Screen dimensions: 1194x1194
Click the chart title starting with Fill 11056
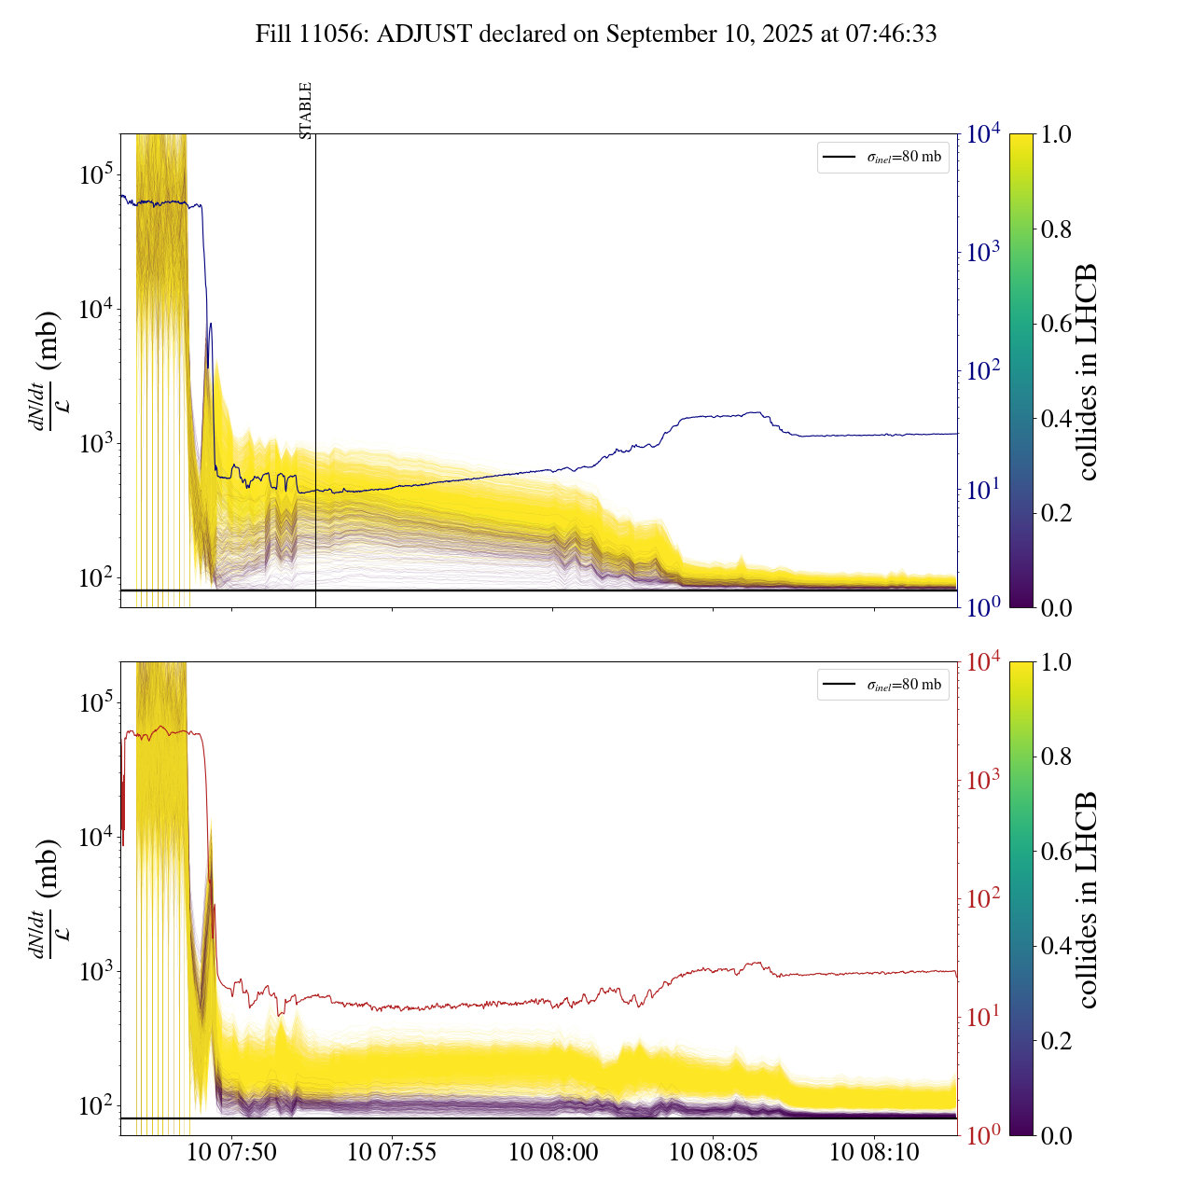596,35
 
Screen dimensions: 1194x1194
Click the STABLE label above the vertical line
306,110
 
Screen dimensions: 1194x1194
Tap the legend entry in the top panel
882,157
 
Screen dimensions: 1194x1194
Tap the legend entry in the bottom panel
882,685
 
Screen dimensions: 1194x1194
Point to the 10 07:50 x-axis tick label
231,1152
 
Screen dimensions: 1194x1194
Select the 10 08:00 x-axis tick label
553,1152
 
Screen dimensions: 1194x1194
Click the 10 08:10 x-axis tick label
874,1152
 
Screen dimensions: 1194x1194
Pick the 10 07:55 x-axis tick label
392,1152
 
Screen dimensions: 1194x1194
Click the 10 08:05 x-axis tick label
714,1152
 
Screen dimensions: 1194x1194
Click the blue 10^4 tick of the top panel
984,134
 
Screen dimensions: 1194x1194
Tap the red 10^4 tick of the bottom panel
984,662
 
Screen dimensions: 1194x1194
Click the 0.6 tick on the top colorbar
1056,324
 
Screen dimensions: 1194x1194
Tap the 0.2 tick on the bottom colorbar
1056,1040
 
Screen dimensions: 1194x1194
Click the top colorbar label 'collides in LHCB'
1086,371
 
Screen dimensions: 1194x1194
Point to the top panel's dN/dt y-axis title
46,371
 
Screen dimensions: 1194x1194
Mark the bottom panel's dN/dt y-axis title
46,899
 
